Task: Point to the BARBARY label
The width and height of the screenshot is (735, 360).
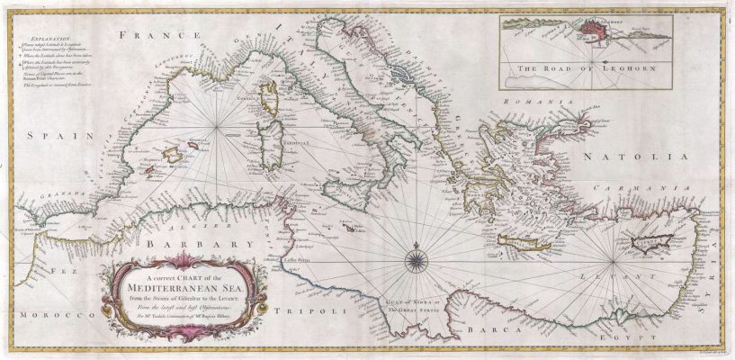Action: pyautogui.click(x=193, y=244)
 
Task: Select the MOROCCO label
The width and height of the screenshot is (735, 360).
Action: pyautogui.click(x=40, y=316)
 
